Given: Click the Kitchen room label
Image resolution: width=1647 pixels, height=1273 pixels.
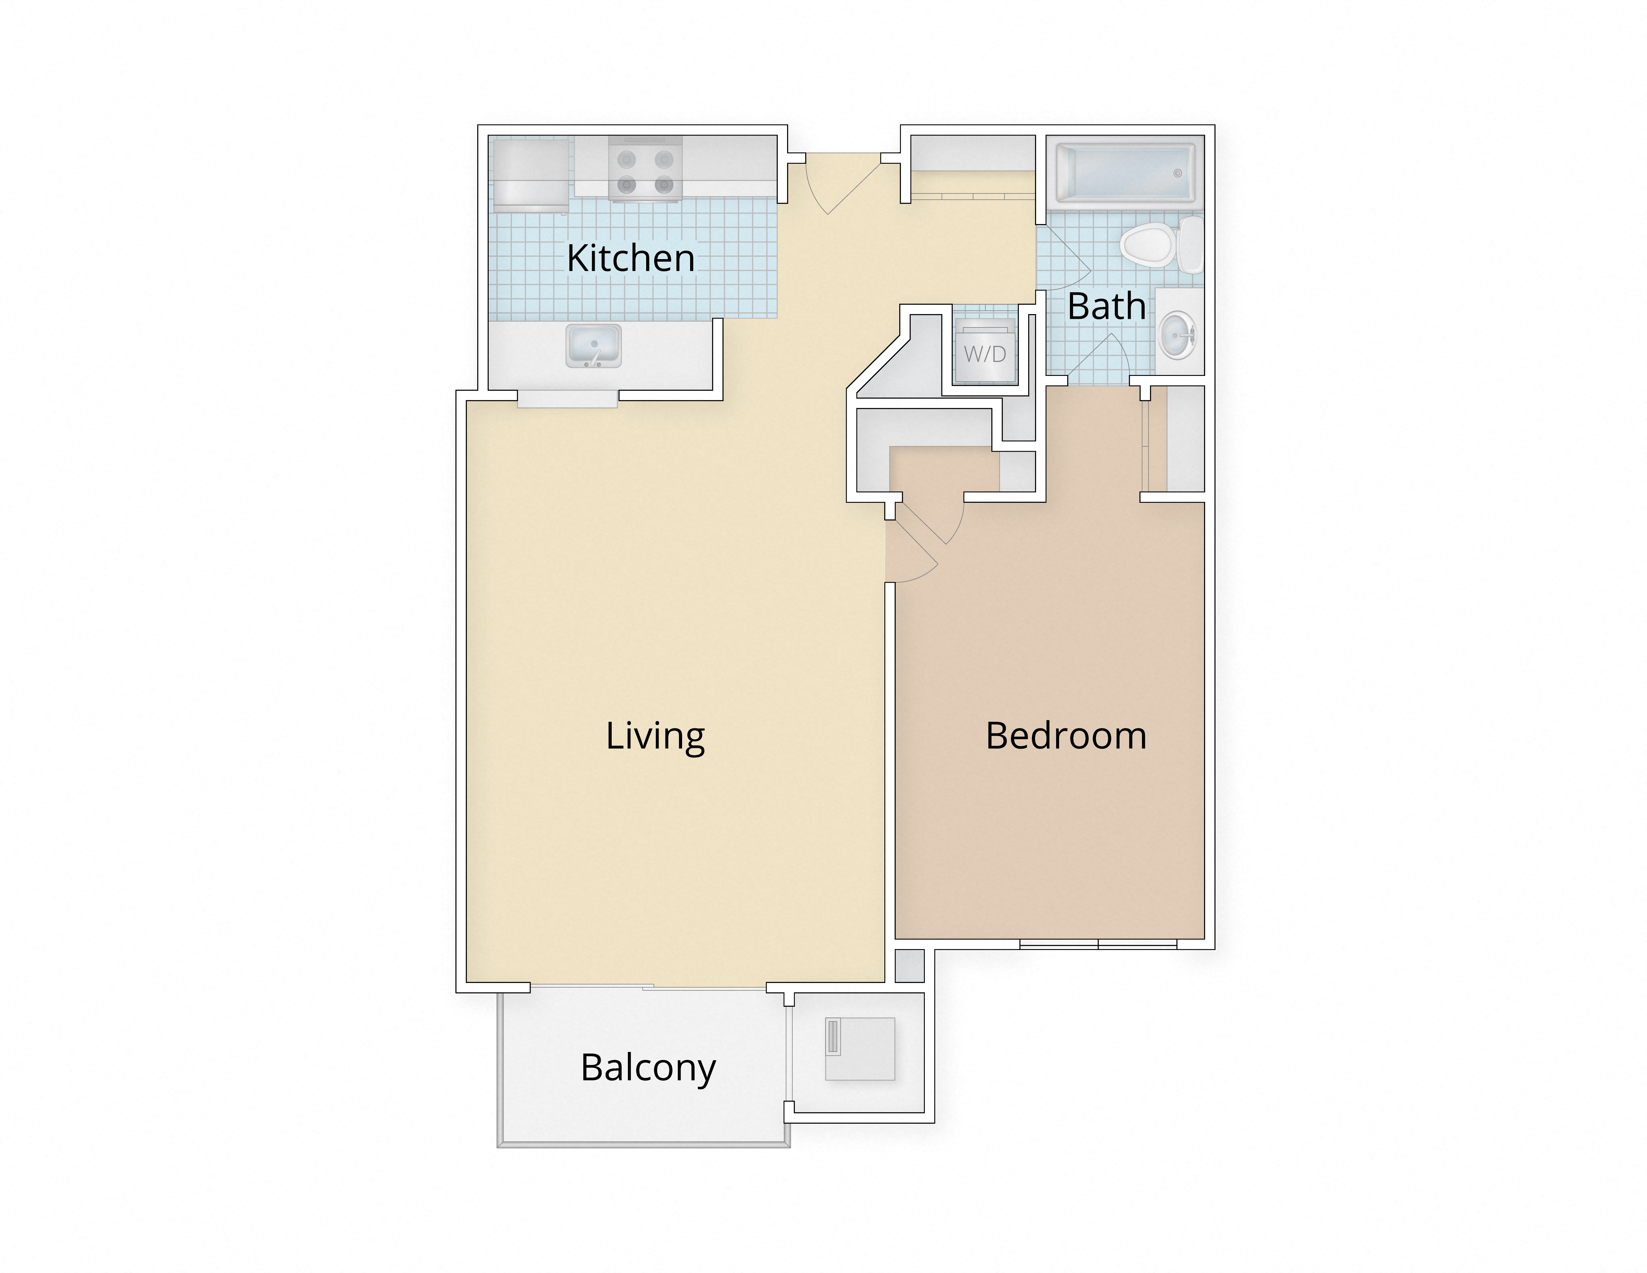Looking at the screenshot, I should click(630, 259).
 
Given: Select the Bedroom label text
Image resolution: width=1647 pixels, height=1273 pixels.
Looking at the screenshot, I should click(1066, 736).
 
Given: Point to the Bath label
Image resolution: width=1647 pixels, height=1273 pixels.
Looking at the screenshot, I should click(1106, 306).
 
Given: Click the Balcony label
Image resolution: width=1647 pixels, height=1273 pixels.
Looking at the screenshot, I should click(648, 1068).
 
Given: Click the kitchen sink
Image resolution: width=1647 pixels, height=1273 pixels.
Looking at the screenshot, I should click(594, 346).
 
